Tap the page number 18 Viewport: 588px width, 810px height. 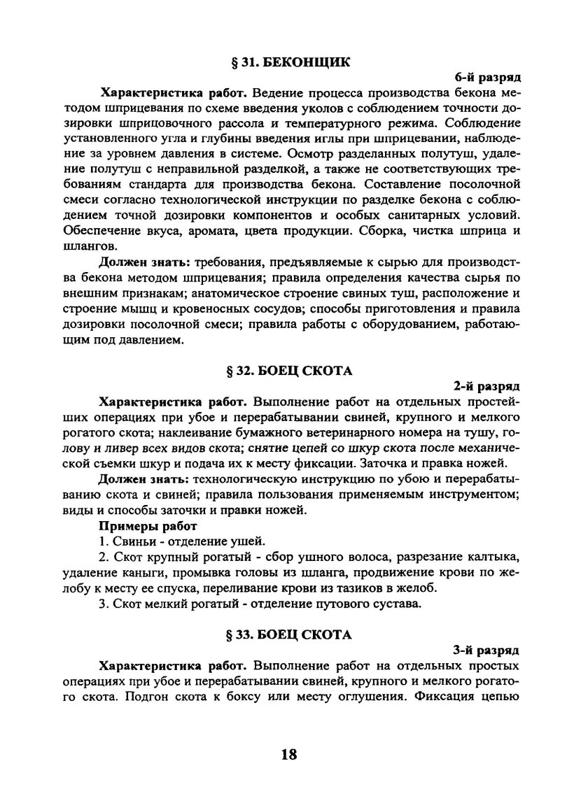[288, 754]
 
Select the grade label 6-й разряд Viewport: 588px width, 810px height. [488, 78]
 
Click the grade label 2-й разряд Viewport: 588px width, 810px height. [488, 385]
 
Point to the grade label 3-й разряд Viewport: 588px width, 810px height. [488, 650]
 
